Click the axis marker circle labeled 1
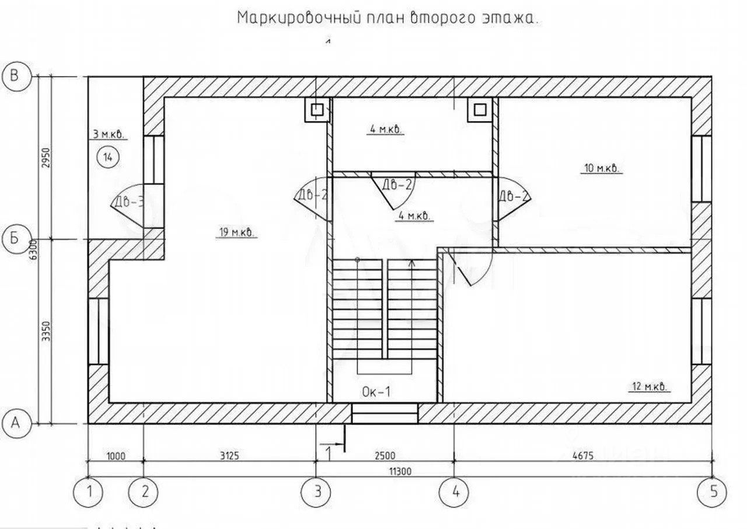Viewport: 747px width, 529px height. coord(89,492)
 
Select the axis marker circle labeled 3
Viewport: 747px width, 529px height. coord(316,492)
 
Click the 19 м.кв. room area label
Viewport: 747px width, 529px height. coord(236,232)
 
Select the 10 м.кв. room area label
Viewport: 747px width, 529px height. coord(601,169)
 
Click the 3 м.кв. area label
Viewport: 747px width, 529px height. coord(108,134)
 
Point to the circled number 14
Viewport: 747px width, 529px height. coord(109,156)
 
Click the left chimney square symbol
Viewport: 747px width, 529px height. coord(317,110)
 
